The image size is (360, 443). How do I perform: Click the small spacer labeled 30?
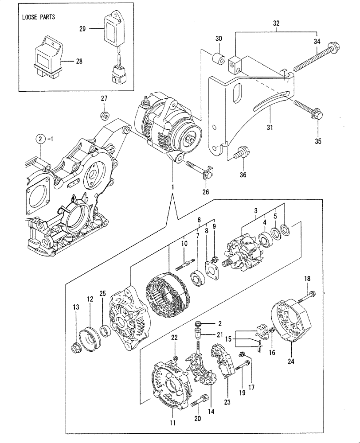[x=217, y=59]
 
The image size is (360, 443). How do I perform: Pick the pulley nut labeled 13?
[x=76, y=348]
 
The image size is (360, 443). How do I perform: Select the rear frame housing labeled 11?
[x=170, y=385]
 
